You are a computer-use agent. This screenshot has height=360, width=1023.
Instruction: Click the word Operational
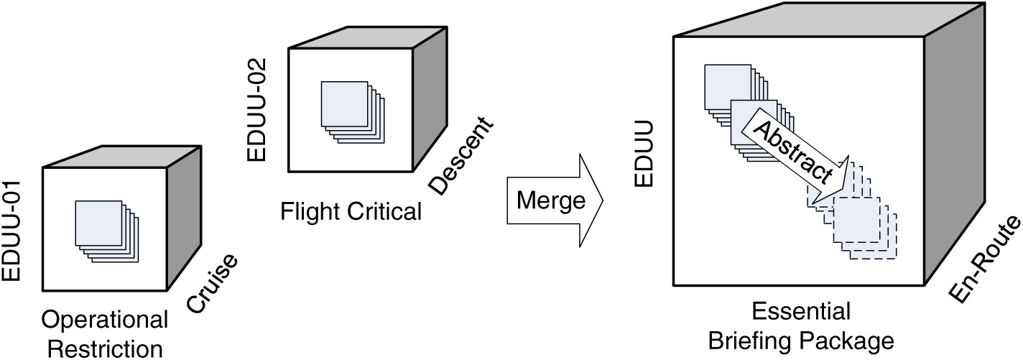105,320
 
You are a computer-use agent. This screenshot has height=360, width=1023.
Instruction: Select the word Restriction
106,349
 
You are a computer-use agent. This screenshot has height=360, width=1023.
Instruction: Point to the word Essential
801,312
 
